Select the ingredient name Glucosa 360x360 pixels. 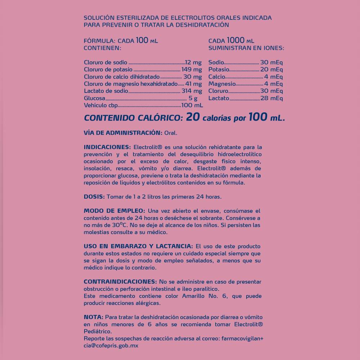(x=94, y=98)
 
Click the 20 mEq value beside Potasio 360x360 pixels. (x=271, y=69)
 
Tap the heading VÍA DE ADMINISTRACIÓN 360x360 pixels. (x=123, y=133)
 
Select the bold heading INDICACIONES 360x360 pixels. (x=107, y=147)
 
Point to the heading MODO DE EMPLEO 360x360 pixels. (x=114, y=211)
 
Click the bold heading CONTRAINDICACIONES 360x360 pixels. (x=120, y=282)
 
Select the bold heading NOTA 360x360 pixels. (x=93, y=317)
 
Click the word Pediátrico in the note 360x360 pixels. (x=98, y=331)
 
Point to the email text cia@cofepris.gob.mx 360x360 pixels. (x=111, y=345)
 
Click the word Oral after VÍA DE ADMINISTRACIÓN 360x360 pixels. (x=171, y=133)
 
